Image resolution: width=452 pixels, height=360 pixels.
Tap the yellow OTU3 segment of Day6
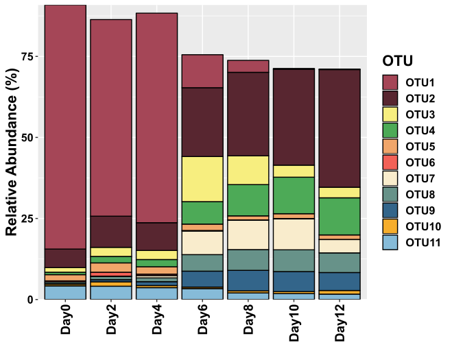(202, 179)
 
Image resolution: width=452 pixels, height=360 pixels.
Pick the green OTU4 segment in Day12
(340, 216)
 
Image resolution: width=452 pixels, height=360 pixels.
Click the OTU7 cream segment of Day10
(294, 234)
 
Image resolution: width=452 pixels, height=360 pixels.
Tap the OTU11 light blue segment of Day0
(65, 293)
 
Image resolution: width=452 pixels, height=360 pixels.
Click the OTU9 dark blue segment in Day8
(248, 280)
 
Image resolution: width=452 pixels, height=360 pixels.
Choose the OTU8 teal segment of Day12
(340, 263)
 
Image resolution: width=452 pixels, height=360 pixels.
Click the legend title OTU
(397, 60)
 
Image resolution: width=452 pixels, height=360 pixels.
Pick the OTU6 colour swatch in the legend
(391, 162)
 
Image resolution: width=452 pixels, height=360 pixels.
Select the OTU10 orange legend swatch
(391, 226)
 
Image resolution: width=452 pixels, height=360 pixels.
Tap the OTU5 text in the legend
(420, 146)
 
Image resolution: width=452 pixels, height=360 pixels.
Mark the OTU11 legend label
(423, 242)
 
